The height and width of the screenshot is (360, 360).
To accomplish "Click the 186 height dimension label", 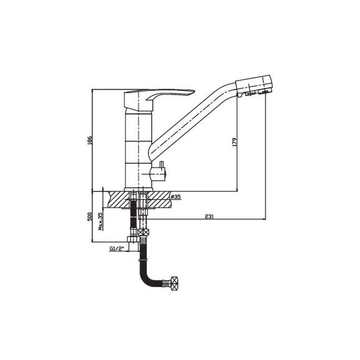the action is [x=90, y=140].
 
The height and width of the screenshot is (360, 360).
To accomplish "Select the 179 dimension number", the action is [x=234, y=143].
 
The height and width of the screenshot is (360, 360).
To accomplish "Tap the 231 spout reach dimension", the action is [x=209, y=216].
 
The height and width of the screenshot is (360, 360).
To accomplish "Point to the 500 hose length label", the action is [x=90, y=216].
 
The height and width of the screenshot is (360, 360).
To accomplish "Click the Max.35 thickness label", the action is [x=100, y=221].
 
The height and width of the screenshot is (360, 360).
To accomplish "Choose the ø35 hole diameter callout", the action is [x=176, y=197].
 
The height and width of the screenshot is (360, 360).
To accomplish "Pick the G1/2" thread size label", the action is [x=117, y=248].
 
